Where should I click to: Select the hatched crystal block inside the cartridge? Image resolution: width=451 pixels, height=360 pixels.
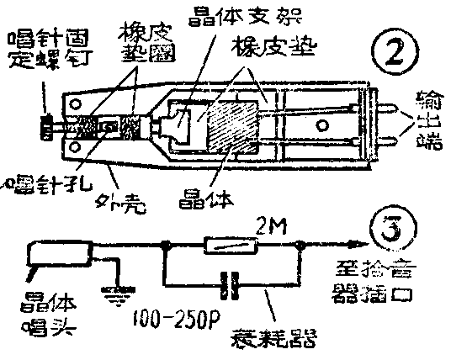(x=226, y=130)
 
